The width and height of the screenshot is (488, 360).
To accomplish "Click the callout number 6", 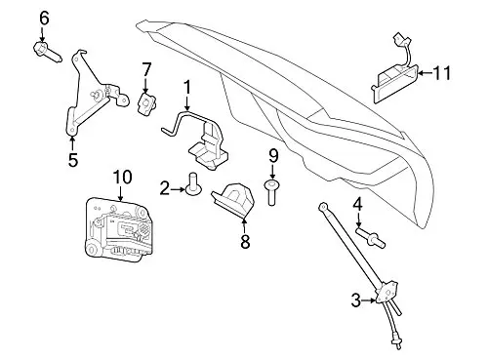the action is click(x=44, y=19).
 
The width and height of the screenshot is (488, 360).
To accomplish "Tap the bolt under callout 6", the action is click(x=47, y=53).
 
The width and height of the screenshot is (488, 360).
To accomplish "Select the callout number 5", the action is click(x=73, y=160).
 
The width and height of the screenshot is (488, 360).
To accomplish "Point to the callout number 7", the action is click(x=146, y=70).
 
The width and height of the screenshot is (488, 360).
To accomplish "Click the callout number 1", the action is click(x=186, y=89).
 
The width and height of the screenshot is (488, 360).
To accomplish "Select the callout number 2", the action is click(x=165, y=189).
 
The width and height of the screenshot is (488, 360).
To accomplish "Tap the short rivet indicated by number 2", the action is click(x=193, y=183).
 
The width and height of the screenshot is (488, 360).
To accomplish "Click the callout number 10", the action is click(x=122, y=178).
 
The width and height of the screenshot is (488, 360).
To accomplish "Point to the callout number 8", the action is click(x=245, y=241).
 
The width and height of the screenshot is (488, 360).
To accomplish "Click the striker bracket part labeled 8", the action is click(x=233, y=198).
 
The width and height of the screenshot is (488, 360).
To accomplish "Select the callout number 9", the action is click(x=273, y=156).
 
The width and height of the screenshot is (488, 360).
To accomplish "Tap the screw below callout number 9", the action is click(x=271, y=192).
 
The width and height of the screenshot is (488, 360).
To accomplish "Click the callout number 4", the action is click(x=358, y=205).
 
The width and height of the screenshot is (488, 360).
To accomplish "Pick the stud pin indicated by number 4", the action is click(x=371, y=238).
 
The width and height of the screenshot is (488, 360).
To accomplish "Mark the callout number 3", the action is click(x=356, y=300).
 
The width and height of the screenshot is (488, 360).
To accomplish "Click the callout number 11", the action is click(x=442, y=73).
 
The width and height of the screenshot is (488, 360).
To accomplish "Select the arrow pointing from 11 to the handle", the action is click(x=426, y=73).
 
